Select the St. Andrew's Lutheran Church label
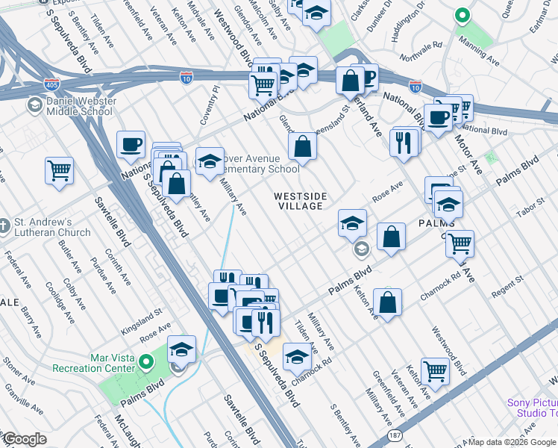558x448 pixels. [x=51, y=228]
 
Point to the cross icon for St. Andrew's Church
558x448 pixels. [x=6, y=224]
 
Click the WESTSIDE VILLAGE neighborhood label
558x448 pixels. [x=300, y=202]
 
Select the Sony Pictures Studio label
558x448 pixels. [x=532, y=408]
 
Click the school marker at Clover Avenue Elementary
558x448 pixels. [x=210, y=160]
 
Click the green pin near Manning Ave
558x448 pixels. [x=462, y=14]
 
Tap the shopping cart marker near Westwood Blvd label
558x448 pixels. [x=435, y=370]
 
